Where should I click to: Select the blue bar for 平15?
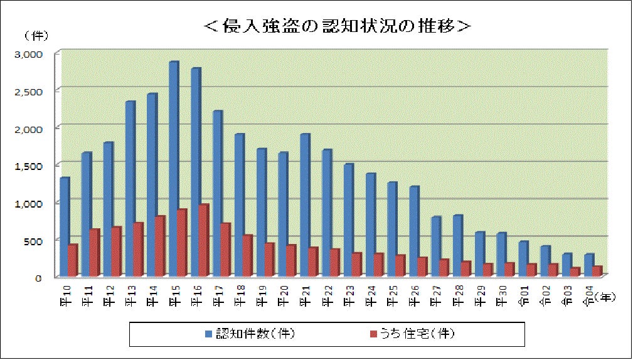(173, 169)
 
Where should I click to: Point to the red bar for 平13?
(137, 250)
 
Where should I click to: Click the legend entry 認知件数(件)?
(250, 334)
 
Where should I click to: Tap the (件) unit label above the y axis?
(35, 34)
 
